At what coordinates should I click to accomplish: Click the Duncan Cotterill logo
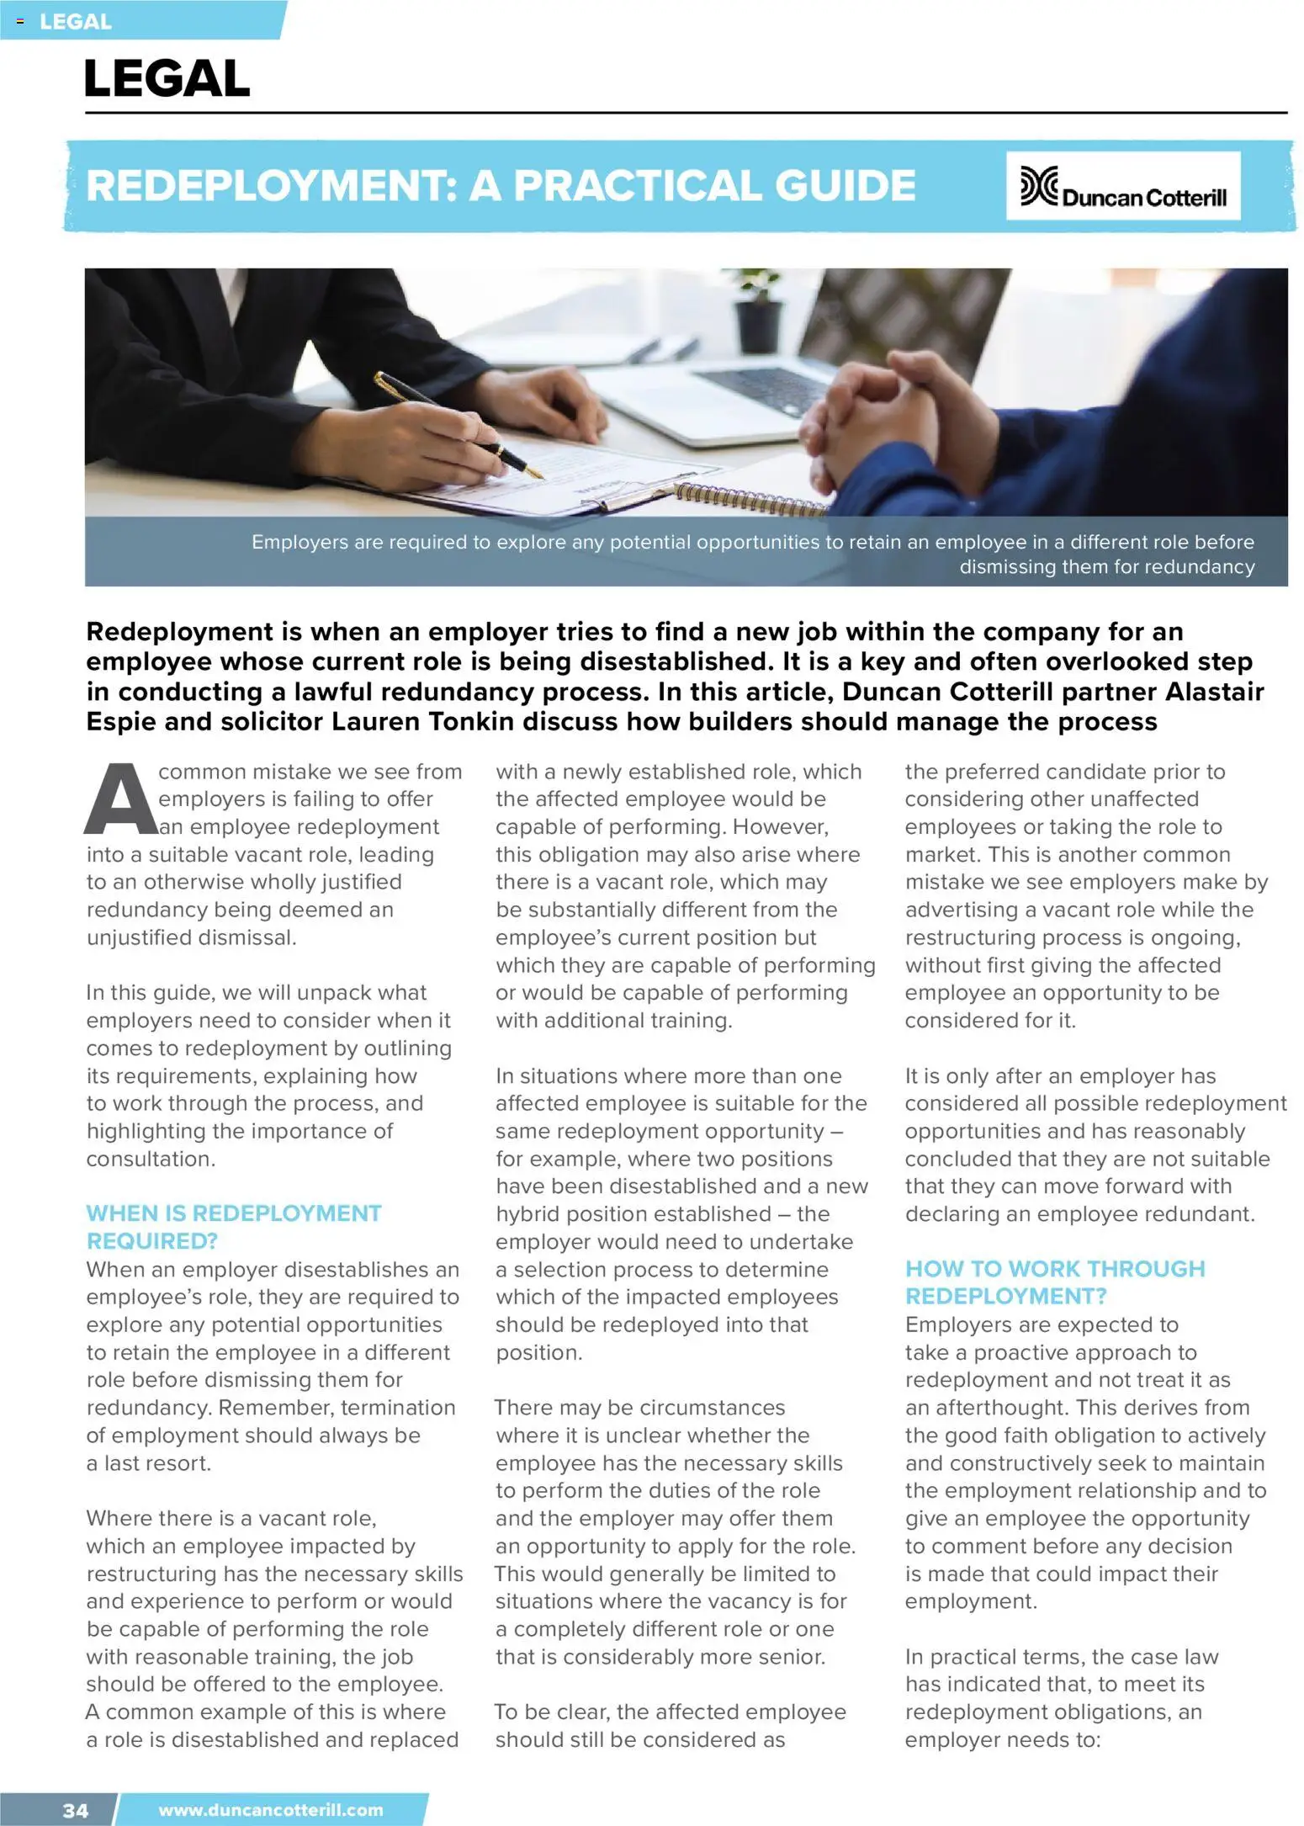coord(1122,186)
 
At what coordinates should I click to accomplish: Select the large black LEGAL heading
coord(167,78)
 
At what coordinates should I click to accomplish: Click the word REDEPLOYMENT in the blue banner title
coord(271,186)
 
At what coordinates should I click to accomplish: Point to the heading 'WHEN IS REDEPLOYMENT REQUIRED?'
coord(233,1226)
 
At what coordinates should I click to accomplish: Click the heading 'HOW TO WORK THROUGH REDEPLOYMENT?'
coord(1054,1282)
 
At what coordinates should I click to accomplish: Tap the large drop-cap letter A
coord(120,800)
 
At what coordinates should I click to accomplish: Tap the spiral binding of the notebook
coord(749,502)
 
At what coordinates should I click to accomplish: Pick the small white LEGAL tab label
coord(75,22)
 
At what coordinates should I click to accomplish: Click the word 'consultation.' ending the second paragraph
coord(151,1159)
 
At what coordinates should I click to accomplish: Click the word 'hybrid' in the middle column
coord(532,1213)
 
